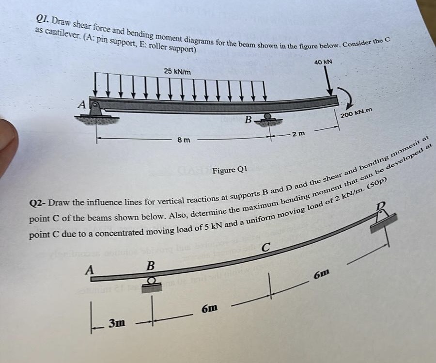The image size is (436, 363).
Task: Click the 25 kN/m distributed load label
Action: (x=177, y=72)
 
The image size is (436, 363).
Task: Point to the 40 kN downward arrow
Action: (x=329, y=82)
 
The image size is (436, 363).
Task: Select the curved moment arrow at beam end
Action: (x=347, y=98)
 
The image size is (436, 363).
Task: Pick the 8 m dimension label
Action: (x=183, y=140)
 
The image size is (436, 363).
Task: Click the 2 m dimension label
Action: (x=297, y=134)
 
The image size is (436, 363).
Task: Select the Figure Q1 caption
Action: (x=230, y=170)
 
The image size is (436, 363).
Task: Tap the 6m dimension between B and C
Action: (x=209, y=308)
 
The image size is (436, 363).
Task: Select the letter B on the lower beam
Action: (x=150, y=266)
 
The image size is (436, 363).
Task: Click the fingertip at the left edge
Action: (x=7, y=145)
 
